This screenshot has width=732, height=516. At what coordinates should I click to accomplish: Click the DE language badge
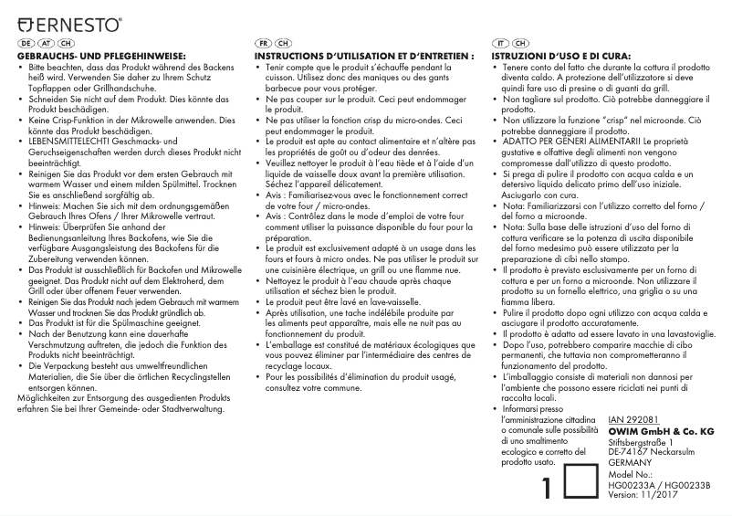pyautogui.click(x=25, y=44)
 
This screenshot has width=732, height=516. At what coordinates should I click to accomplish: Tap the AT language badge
pyautogui.click(x=45, y=44)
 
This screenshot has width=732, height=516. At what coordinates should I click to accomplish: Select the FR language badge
pyautogui.click(x=262, y=44)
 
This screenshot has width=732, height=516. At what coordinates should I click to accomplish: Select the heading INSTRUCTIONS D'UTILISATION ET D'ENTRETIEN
pyautogui.click(x=364, y=57)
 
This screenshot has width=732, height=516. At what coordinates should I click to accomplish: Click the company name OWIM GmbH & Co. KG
pyautogui.click(x=660, y=430)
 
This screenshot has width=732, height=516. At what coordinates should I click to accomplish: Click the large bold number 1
pyautogui.click(x=547, y=488)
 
